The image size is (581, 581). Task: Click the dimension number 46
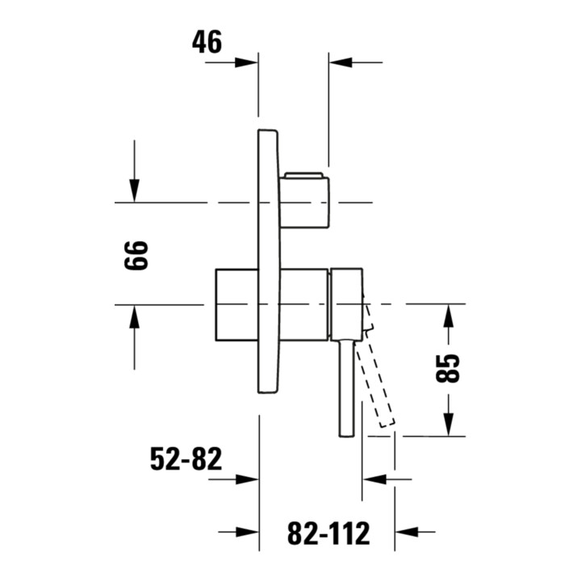pyautogui.click(x=207, y=41)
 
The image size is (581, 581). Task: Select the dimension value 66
pyautogui.click(x=136, y=256)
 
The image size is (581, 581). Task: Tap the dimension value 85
pyautogui.click(x=448, y=368)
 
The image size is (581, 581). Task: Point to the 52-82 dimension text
pyautogui.click(x=186, y=458)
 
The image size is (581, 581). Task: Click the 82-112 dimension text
pyautogui.click(x=328, y=533)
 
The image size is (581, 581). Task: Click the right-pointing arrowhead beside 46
pyautogui.click(x=246, y=62)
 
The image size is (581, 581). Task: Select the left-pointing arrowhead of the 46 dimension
pyautogui.click(x=341, y=62)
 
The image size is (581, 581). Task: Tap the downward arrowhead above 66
pyautogui.click(x=134, y=190)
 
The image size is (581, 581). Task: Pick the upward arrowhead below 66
pyautogui.click(x=134, y=316)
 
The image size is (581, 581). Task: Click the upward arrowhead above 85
pyautogui.click(x=449, y=316)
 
